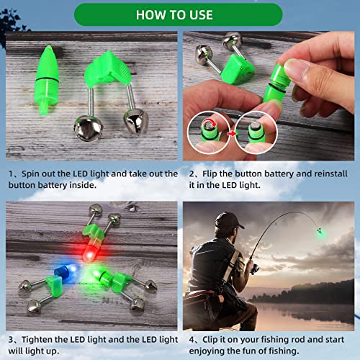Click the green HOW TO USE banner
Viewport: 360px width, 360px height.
click(x=180, y=14)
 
